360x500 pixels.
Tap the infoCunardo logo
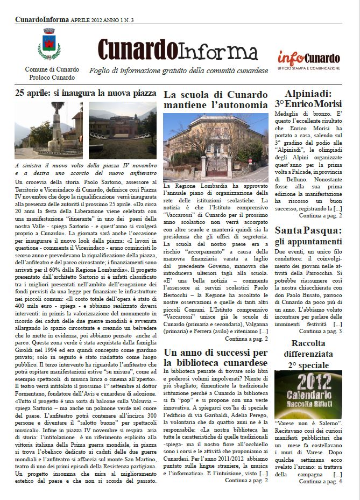click(x=308, y=57)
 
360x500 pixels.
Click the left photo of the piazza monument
click(x=48, y=131)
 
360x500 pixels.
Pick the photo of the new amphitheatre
click(x=123, y=131)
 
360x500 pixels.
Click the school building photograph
click(x=215, y=147)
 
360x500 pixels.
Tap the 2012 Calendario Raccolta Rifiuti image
click(x=308, y=395)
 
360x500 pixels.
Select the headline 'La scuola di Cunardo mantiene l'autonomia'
click(x=215, y=100)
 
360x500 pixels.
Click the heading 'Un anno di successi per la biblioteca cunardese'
click(x=215, y=357)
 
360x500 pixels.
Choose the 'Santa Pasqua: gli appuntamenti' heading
click(x=308, y=236)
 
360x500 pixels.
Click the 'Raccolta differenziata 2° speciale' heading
click(x=308, y=354)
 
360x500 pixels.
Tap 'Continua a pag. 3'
click(x=320, y=332)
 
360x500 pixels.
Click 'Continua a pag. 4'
click(x=320, y=481)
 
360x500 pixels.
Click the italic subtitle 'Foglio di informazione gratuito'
click(x=178, y=71)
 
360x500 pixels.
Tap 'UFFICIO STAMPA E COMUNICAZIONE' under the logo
click(x=308, y=68)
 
